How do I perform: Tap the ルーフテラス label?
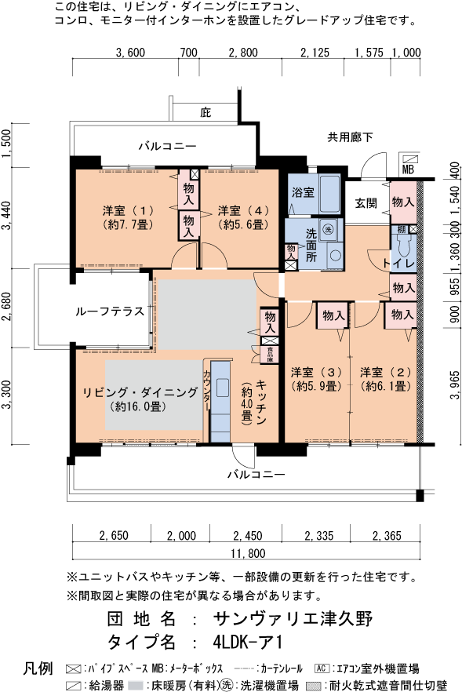pos(109,311)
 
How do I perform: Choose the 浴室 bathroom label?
pos(303,192)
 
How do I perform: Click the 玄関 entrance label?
pos(366,202)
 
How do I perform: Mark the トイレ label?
pos(398,262)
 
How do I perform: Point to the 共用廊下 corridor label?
pos(350,138)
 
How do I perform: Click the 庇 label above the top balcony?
pos(206,112)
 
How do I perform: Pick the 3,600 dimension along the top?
pos(130,53)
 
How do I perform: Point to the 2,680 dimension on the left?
pos(7,308)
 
